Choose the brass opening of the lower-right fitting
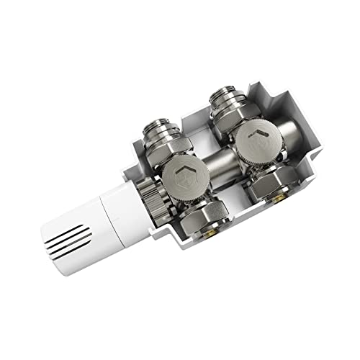(280, 204)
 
